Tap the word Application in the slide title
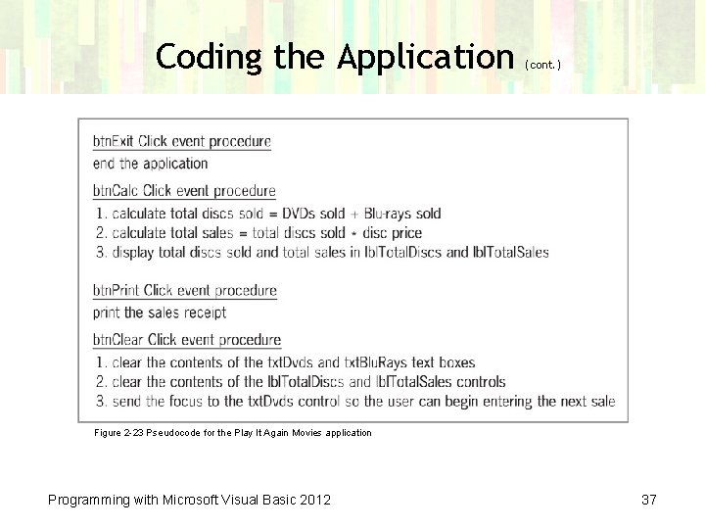[x=426, y=57]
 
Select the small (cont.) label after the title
[x=543, y=65]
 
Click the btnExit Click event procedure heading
[x=182, y=141]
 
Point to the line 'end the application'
[x=151, y=164]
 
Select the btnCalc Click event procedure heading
[x=184, y=190]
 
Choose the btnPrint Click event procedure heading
[x=185, y=290]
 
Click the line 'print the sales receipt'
[x=160, y=313]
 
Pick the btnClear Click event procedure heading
[x=187, y=340]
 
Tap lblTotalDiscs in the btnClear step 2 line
[x=293, y=382]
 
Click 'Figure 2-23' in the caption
[x=117, y=432]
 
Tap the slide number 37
[x=648, y=501]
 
